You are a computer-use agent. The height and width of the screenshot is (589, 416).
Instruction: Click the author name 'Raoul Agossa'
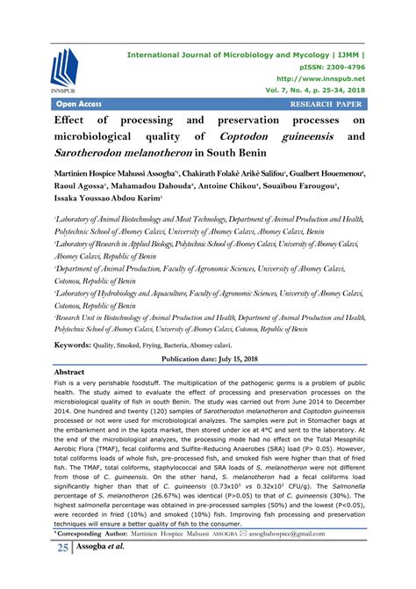[83, 187]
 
